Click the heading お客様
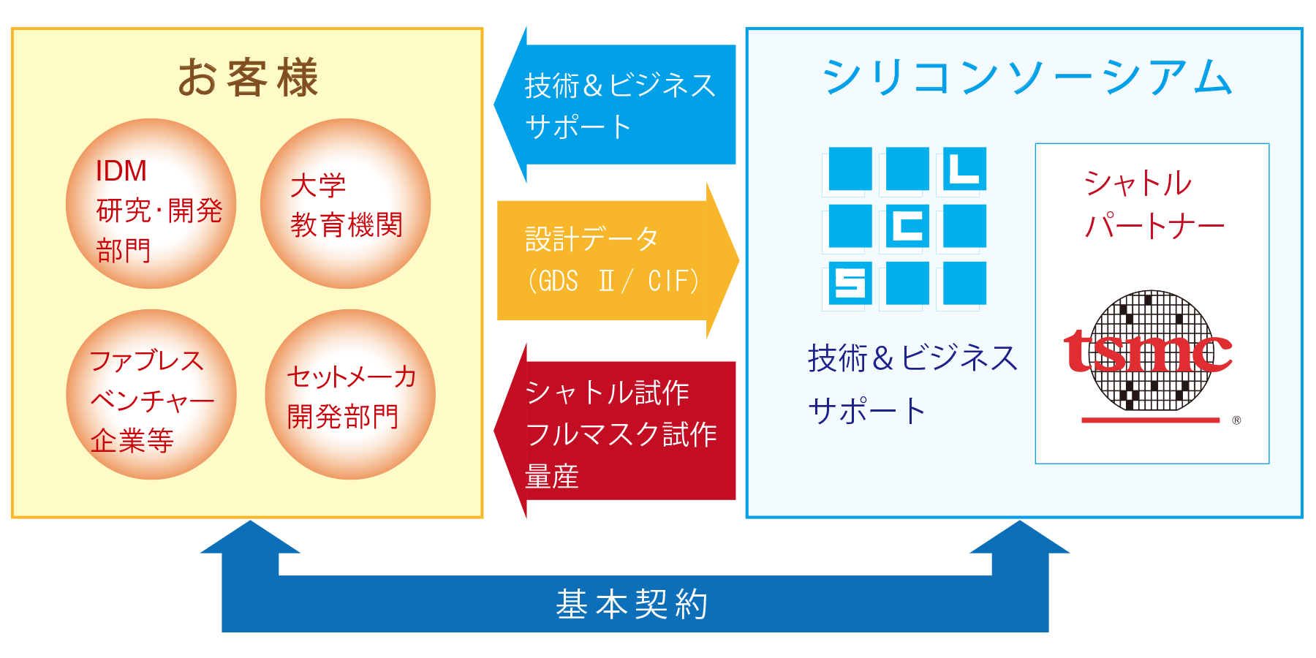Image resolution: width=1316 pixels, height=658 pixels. click(x=248, y=77)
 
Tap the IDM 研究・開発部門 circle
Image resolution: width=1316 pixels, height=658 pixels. click(x=151, y=203)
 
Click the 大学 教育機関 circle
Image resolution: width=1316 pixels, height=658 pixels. click(x=345, y=203)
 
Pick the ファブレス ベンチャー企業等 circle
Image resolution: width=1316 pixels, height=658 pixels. click(x=151, y=394)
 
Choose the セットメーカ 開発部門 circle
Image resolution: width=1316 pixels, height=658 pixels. click(x=350, y=394)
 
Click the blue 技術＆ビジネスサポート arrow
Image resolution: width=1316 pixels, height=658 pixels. click(x=615, y=105)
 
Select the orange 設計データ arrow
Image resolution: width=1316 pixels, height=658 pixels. click(x=618, y=260)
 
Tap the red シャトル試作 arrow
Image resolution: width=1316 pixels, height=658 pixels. click(x=615, y=431)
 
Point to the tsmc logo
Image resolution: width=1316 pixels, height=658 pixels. click(x=1148, y=351)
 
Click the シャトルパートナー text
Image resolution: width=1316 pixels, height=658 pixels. click(x=1154, y=204)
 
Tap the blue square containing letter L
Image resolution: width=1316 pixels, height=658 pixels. click(x=964, y=169)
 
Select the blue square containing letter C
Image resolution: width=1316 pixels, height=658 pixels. click(x=907, y=226)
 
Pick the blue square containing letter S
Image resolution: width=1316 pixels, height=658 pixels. click(x=850, y=283)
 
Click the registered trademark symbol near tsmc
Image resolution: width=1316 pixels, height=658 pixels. click(x=1236, y=420)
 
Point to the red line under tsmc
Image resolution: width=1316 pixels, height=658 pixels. click(x=1151, y=420)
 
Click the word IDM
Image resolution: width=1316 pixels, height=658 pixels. click(x=121, y=171)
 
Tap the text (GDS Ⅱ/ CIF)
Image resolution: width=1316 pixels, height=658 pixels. click(x=613, y=281)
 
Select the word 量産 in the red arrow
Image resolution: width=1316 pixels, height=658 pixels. click(x=552, y=477)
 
